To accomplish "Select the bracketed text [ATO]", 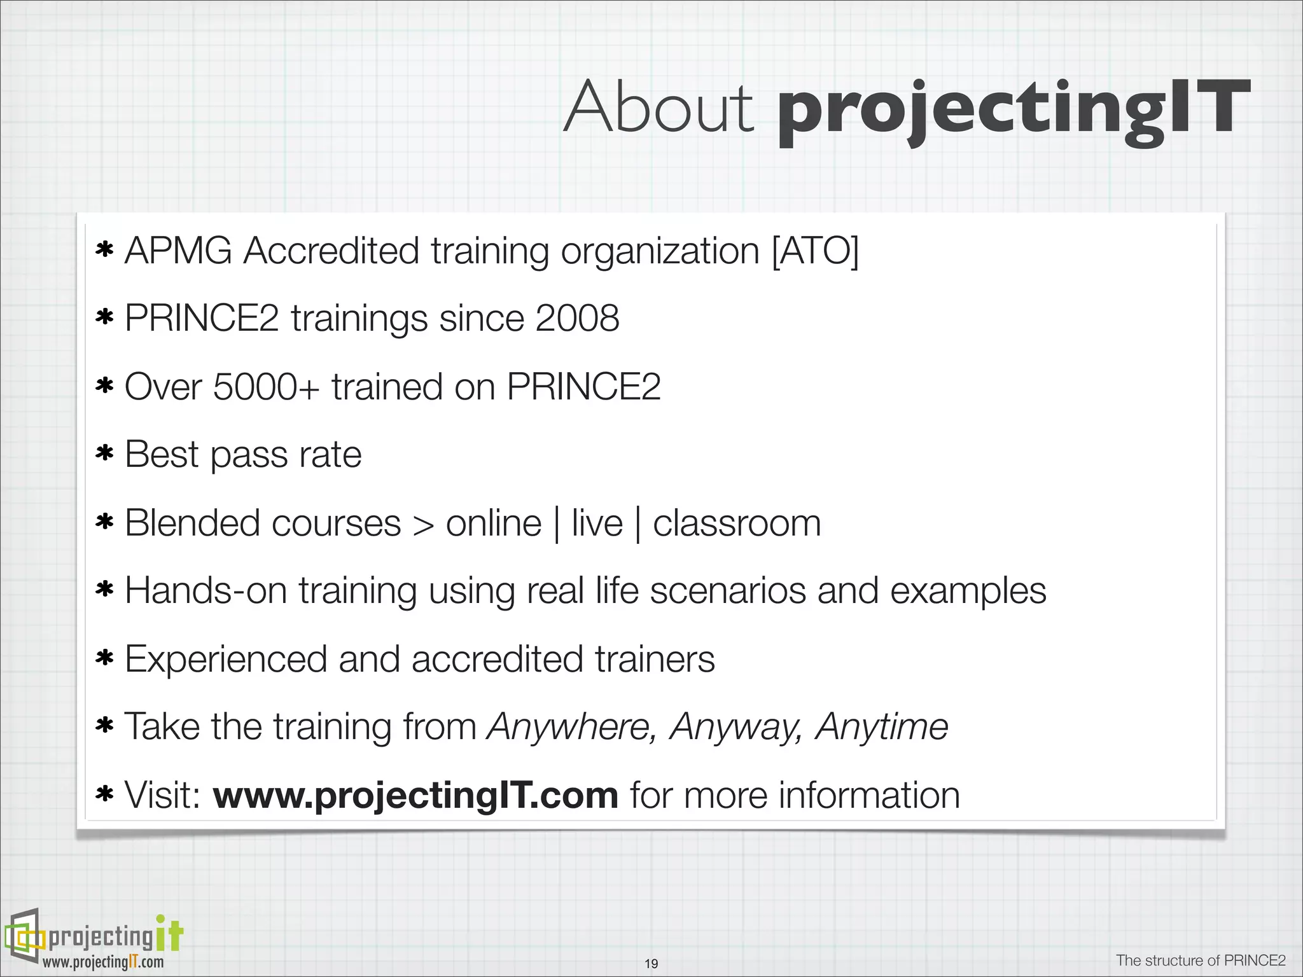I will point(815,251).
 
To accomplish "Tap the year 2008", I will point(577,318).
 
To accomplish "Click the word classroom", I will point(737,523).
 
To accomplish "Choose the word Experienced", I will point(225,659).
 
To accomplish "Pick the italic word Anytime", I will point(882,726).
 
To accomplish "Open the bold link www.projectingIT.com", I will point(415,795).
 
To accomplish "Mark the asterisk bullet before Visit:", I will point(104,794).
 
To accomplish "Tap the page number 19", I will point(651,964).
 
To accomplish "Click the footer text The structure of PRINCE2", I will point(1201,960).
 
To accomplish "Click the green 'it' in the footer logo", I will point(169,934).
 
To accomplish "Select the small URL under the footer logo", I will point(103,962).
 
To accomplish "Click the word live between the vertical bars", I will point(597,523).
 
